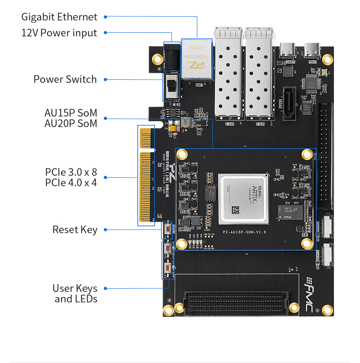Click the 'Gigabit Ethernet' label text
[59, 17]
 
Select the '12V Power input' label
[59, 33]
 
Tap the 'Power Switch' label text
[65, 79]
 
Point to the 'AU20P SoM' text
[71, 123]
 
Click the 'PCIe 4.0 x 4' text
[71, 183]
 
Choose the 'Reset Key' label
[75, 230]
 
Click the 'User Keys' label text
[75, 288]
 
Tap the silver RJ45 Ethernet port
[196, 58]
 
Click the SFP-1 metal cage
[229, 75]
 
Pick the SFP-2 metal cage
[259, 75]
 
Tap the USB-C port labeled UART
[288, 48]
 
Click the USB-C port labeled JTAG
[314, 48]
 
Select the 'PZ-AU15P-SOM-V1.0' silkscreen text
[244, 232]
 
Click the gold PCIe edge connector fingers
[146, 175]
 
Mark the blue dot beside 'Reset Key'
[105, 230]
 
